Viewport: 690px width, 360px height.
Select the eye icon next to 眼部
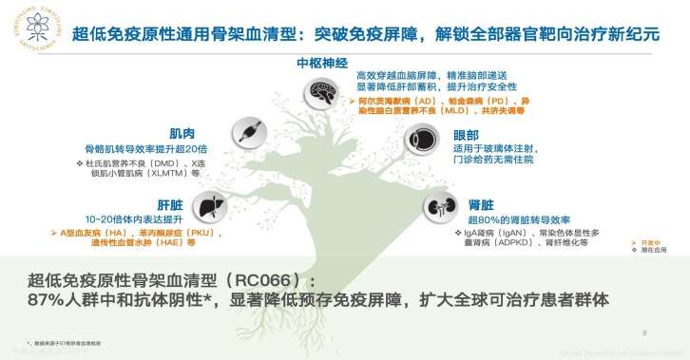point(424,139)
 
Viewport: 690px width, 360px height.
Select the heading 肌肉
point(182,133)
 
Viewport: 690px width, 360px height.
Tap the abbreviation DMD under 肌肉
point(163,162)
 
